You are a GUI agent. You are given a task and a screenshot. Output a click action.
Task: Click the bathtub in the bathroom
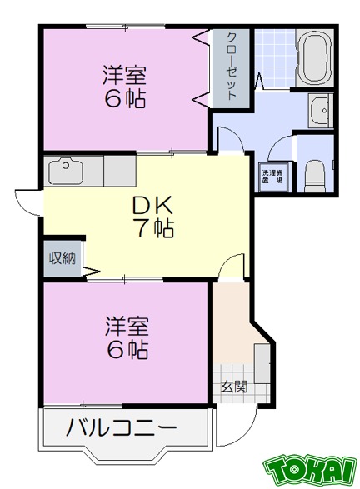click(314, 59)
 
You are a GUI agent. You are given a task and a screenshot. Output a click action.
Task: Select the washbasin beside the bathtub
click(319, 110)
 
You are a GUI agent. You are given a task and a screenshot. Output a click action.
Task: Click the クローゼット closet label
click(231, 66)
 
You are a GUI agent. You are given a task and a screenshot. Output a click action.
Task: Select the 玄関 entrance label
click(233, 387)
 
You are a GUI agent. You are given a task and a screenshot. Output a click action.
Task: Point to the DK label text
click(151, 205)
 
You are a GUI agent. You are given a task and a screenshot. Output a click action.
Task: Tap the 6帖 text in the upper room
click(125, 99)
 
